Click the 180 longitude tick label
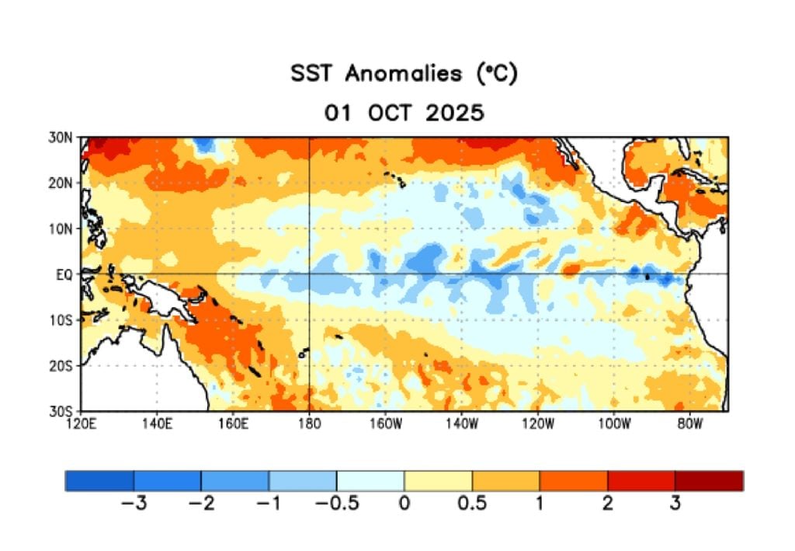pos(309,424)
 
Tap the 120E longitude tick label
pos(82,424)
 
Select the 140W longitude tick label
pos(461,424)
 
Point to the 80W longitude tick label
pos(689,424)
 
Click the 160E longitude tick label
pos(234,424)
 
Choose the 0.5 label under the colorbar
pos(472,504)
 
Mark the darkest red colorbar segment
pos(709,480)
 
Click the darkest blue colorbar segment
pos(99,480)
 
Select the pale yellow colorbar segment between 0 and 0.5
pos(438,480)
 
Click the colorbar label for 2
pos(607,504)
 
